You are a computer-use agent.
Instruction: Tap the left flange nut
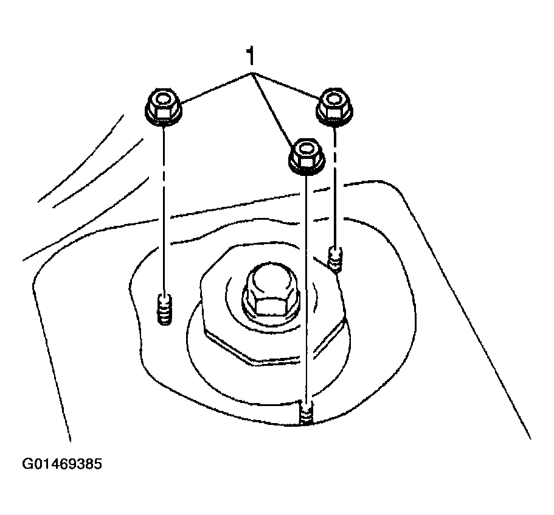point(163,107)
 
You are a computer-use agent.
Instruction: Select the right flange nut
point(334,105)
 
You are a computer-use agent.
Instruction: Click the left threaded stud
point(164,307)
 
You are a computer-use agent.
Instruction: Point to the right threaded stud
point(335,258)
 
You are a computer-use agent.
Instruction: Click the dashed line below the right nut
point(334,184)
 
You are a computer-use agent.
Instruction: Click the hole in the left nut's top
point(163,99)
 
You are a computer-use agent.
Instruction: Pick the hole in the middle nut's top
point(306,148)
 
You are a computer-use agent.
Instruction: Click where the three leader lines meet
point(251,73)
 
